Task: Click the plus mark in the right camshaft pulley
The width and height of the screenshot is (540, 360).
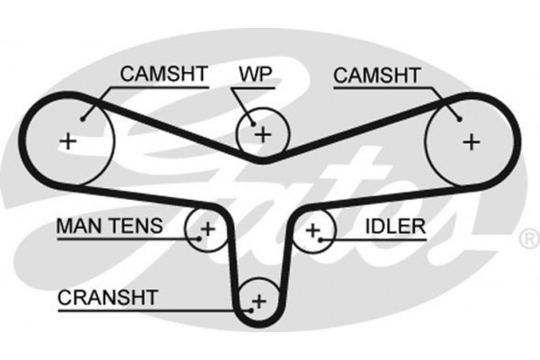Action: tap(470, 140)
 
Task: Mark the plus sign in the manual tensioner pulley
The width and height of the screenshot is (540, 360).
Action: tap(207, 229)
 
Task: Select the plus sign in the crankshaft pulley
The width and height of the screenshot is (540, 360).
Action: tap(259, 300)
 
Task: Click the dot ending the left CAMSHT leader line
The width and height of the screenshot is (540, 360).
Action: tap(83, 117)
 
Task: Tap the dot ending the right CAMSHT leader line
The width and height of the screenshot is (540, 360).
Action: tap(457, 117)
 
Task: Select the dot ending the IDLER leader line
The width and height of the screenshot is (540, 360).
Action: tap(324, 238)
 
